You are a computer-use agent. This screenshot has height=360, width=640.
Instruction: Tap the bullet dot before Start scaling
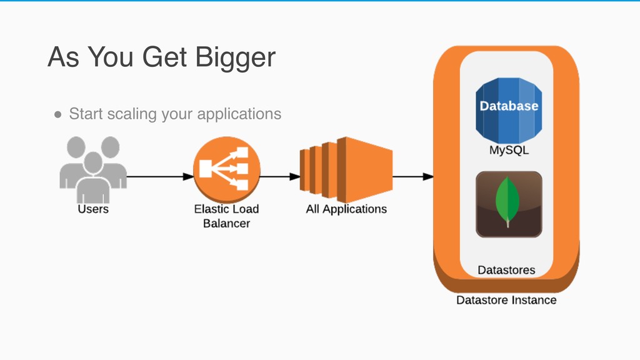[57, 115]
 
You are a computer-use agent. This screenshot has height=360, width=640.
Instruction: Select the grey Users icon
[92, 164]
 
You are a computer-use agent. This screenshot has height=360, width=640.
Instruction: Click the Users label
[92, 209]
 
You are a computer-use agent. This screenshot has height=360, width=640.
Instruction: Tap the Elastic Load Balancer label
[226, 216]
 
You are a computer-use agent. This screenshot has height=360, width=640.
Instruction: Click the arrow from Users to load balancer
[160, 176]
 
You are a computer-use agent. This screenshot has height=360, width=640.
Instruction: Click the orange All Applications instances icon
[346, 165]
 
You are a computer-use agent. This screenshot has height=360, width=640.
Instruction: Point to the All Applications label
[346, 209]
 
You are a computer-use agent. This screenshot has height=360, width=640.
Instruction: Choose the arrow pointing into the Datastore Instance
[412, 177]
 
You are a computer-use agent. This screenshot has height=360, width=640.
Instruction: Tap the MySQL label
[509, 151]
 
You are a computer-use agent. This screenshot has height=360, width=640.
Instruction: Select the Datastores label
[506, 271]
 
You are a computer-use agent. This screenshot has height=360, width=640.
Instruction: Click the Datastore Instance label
[506, 300]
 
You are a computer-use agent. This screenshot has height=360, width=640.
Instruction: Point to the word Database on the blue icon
[509, 106]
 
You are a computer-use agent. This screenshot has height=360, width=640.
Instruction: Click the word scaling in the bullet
[133, 115]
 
